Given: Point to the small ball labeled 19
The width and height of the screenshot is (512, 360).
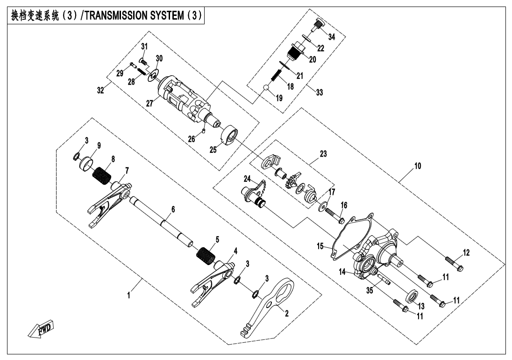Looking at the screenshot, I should [x=266, y=87].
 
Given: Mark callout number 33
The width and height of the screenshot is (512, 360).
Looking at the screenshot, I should [x=320, y=93].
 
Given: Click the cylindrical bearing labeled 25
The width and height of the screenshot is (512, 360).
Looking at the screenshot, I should [x=228, y=136].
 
